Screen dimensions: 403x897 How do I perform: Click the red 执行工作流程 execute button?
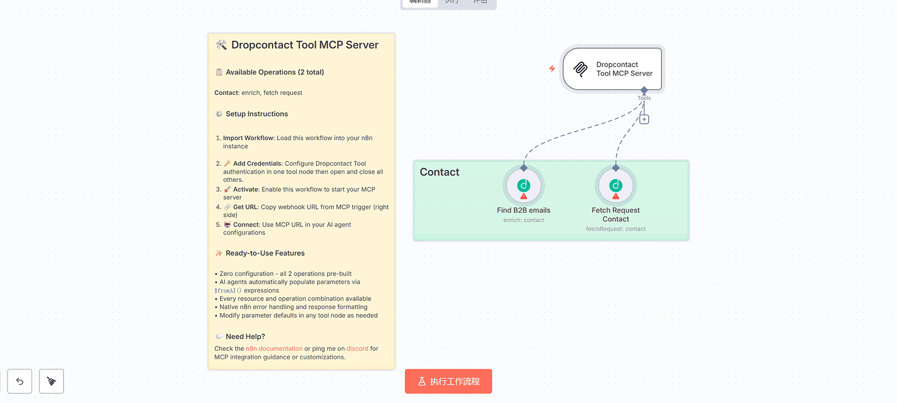click(x=448, y=381)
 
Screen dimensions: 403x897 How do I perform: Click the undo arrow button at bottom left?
click(x=20, y=381)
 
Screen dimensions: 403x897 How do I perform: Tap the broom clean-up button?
click(x=51, y=381)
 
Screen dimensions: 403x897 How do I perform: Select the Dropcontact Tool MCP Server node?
click(x=612, y=69)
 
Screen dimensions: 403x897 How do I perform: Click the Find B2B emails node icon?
click(x=524, y=185)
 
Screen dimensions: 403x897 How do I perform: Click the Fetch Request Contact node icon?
click(x=616, y=185)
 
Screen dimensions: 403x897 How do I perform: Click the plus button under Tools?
click(x=644, y=119)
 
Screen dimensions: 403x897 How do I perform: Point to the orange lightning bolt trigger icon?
click(x=552, y=69)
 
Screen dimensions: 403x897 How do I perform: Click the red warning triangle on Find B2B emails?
click(x=524, y=197)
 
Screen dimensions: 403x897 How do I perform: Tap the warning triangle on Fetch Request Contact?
click(x=616, y=197)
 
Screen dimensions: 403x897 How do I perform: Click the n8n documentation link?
click(x=274, y=349)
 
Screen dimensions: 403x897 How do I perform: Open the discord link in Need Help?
click(x=357, y=349)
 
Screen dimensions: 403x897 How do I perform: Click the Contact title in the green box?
click(x=439, y=172)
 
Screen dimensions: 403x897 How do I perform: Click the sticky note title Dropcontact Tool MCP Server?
click(x=304, y=45)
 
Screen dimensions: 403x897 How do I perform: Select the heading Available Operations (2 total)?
click(x=274, y=72)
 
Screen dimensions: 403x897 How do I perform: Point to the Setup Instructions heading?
click(x=256, y=114)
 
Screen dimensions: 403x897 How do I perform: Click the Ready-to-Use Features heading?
click(x=265, y=253)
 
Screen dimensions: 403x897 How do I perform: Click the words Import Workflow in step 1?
click(x=248, y=138)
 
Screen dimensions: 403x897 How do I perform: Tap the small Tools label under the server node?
click(x=644, y=98)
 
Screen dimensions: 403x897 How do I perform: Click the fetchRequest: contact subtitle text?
click(x=616, y=229)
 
